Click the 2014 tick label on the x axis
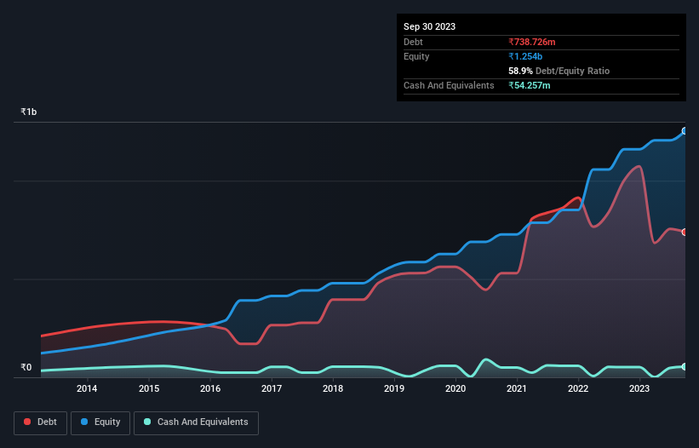[86, 389]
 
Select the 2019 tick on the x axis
[394, 389]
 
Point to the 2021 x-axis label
[517, 389]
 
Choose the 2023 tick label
[639, 389]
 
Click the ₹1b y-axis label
[29, 112]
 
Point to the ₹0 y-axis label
[26, 368]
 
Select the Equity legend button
[100, 422]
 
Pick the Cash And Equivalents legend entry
[196, 422]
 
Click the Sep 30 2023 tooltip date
[429, 26]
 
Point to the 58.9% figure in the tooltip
[520, 71]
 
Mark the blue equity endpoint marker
[685, 131]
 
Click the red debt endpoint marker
[685, 232]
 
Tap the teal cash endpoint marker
[685, 366]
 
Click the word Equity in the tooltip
[416, 56]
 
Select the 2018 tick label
[333, 389]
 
